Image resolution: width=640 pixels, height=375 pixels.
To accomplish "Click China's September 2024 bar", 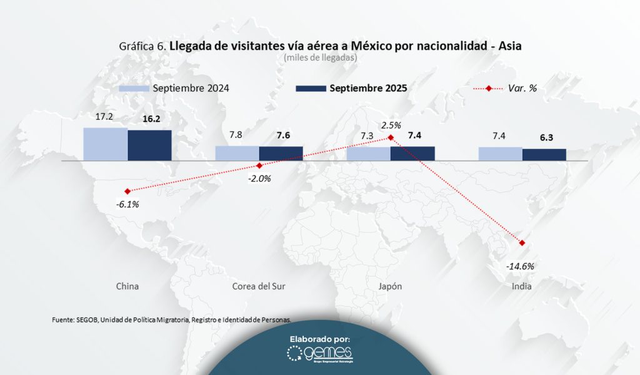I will point(106,144).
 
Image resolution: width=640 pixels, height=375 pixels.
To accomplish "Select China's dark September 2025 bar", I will point(149,145).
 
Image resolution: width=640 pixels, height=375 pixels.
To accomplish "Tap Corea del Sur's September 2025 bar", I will point(281,153).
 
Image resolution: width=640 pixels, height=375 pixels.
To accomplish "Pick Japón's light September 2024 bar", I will point(369,154).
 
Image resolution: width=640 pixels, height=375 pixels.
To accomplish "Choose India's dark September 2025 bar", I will point(544,155).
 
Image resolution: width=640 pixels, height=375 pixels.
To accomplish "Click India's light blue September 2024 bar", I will point(501,154).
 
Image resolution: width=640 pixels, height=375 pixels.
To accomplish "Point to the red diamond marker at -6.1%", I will point(127,191).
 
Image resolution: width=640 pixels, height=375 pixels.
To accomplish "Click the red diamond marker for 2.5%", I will point(391,137).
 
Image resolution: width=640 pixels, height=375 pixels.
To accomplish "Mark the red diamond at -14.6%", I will point(522,243).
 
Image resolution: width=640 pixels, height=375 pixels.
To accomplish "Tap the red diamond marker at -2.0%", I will point(259,165).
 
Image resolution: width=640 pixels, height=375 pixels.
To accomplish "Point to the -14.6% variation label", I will point(521,265).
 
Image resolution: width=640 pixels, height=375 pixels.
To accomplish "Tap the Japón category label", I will point(390,286).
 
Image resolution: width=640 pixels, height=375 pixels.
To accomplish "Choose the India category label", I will point(522,286).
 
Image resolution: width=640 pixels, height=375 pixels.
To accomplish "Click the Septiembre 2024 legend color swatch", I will point(134,88).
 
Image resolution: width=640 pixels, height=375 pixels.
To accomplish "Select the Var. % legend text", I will point(522,88).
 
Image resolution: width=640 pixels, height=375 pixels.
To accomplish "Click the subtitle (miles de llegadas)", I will point(319,58).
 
